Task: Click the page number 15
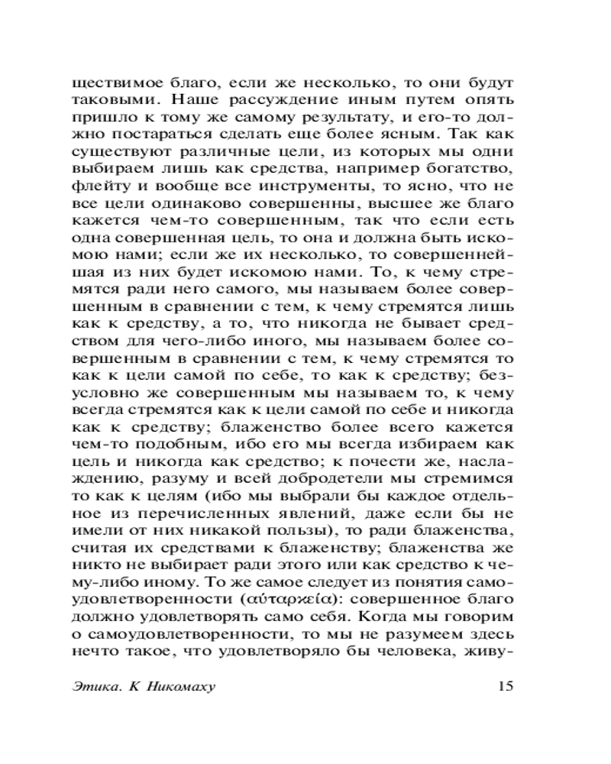point(505,685)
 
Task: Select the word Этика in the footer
point(95,686)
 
